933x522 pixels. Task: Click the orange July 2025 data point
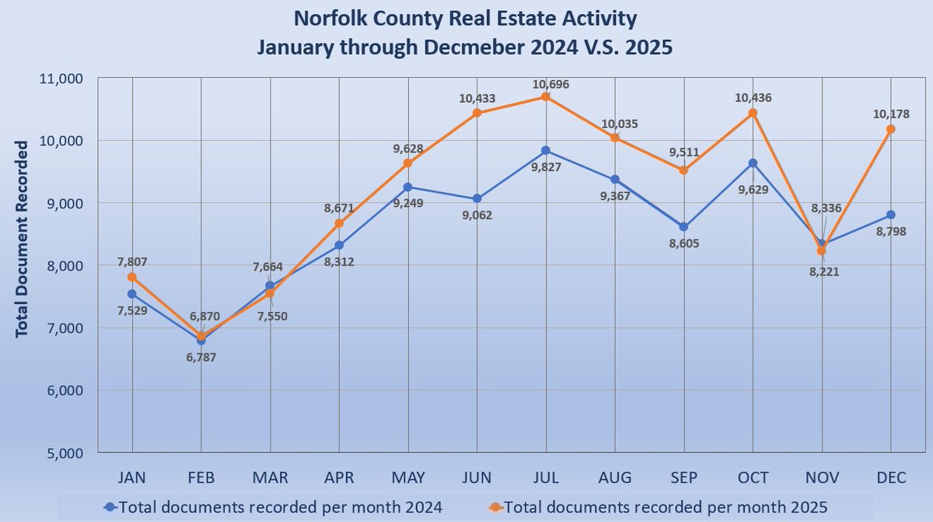546,96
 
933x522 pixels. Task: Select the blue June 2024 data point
477,198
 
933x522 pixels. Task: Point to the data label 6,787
201,359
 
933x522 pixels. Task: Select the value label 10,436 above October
753,98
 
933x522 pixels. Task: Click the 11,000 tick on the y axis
61,78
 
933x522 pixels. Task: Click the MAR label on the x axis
270,478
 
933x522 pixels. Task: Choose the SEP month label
683,478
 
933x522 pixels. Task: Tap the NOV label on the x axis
821,478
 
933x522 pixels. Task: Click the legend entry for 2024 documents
274,506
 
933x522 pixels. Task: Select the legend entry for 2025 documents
665,506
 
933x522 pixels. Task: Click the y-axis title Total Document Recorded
23,238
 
